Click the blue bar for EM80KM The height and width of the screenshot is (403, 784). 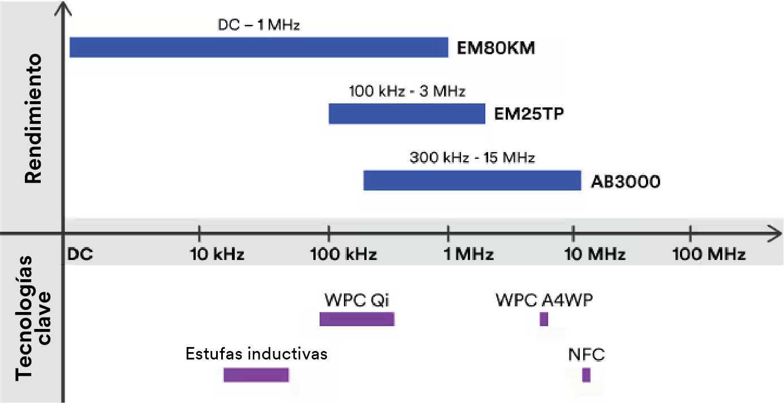[x=259, y=47]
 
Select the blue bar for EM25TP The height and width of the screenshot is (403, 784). [x=407, y=114]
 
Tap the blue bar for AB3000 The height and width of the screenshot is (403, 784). [x=472, y=180]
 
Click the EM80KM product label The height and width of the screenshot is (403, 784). [x=496, y=47]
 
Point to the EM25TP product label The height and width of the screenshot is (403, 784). [x=529, y=115]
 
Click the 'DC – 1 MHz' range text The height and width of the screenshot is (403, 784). [x=259, y=25]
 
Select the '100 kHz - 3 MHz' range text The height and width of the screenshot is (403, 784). [x=407, y=91]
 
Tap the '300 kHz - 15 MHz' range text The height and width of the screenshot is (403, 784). [x=472, y=157]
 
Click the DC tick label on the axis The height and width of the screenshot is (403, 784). [x=80, y=254]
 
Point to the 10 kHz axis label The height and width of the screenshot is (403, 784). [x=217, y=254]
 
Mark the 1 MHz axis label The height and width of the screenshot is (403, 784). [x=468, y=254]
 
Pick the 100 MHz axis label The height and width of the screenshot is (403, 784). [x=709, y=254]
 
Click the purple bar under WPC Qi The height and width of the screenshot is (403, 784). [x=356, y=319]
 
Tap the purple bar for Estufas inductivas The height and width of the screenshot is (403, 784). [x=256, y=375]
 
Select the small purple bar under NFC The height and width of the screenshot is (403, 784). [x=586, y=375]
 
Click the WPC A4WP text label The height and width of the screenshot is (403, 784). [x=544, y=300]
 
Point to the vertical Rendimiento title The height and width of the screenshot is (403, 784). [x=33, y=118]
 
